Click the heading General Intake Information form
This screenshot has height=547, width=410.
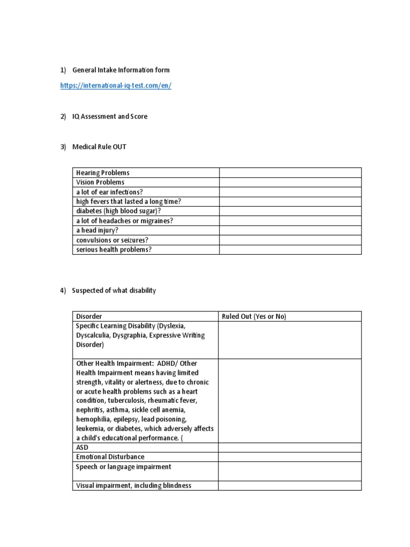[121, 70]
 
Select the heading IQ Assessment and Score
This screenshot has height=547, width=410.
[109, 116]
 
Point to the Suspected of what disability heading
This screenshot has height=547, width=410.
[114, 291]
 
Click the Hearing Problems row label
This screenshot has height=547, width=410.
[102, 173]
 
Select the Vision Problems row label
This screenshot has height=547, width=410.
[100, 182]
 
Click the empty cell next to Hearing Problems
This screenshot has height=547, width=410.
[290, 173]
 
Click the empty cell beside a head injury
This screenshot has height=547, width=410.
[290, 230]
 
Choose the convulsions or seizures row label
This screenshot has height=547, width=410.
[112, 240]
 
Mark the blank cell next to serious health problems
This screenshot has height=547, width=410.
[290, 249]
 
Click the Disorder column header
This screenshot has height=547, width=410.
[89, 316]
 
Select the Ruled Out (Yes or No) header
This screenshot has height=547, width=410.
[254, 316]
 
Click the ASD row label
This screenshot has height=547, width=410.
[82, 447]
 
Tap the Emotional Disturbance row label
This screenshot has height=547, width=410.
[110, 457]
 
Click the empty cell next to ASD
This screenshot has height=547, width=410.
[290, 447]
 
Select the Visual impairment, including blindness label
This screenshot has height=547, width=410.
[133, 486]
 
